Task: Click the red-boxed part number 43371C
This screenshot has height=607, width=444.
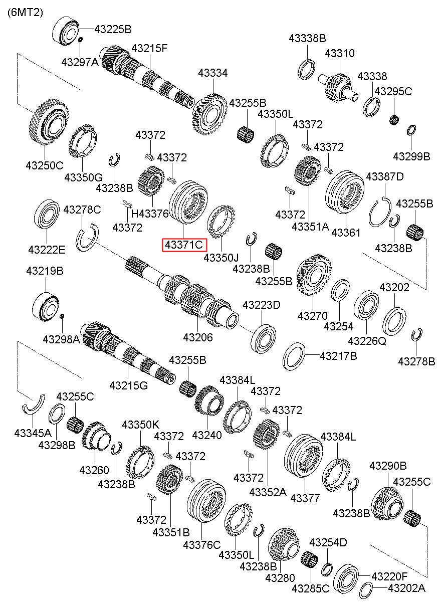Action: pyautogui.click(x=184, y=245)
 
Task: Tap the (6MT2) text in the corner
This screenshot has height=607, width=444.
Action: pyautogui.click(x=25, y=12)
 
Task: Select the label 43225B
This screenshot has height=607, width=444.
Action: pyautogui.click(x=113, y=29)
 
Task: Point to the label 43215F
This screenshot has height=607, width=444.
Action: pyautogui.click(x=149, y=49)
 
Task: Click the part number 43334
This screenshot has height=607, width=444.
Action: pyautogui.click(x=213, y=73)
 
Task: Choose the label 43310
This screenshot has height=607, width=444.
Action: pyautogui.click(x=340, y=53)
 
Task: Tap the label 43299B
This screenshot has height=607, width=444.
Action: pyautogui.click(x=411, y=156)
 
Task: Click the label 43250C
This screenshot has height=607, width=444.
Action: pyautogui.click(x=45, y=165)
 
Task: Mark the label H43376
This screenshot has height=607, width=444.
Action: pyautogui.click(x=150, y=214)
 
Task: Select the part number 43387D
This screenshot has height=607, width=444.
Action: pyautogui.click(x=385, y=176)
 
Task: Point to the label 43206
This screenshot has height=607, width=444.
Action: pyautogui.click(x=198, y=337)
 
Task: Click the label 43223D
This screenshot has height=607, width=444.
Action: pyautogui.click(x=262, y=305)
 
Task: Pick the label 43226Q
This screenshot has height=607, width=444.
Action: pyautogui.click(x=367, y=341)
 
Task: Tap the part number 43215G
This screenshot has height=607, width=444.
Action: pyautogui.click(x=129, y=385)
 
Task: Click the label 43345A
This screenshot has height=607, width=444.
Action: pyautogui.click(x=33, y=433)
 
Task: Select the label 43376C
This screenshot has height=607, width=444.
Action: pyautogui.click(x=202, y=545)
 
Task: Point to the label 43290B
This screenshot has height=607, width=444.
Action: pyautogui.click(x=388, y=466)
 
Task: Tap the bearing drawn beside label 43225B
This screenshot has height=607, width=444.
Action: pyautogui.click(x=65, y=32)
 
